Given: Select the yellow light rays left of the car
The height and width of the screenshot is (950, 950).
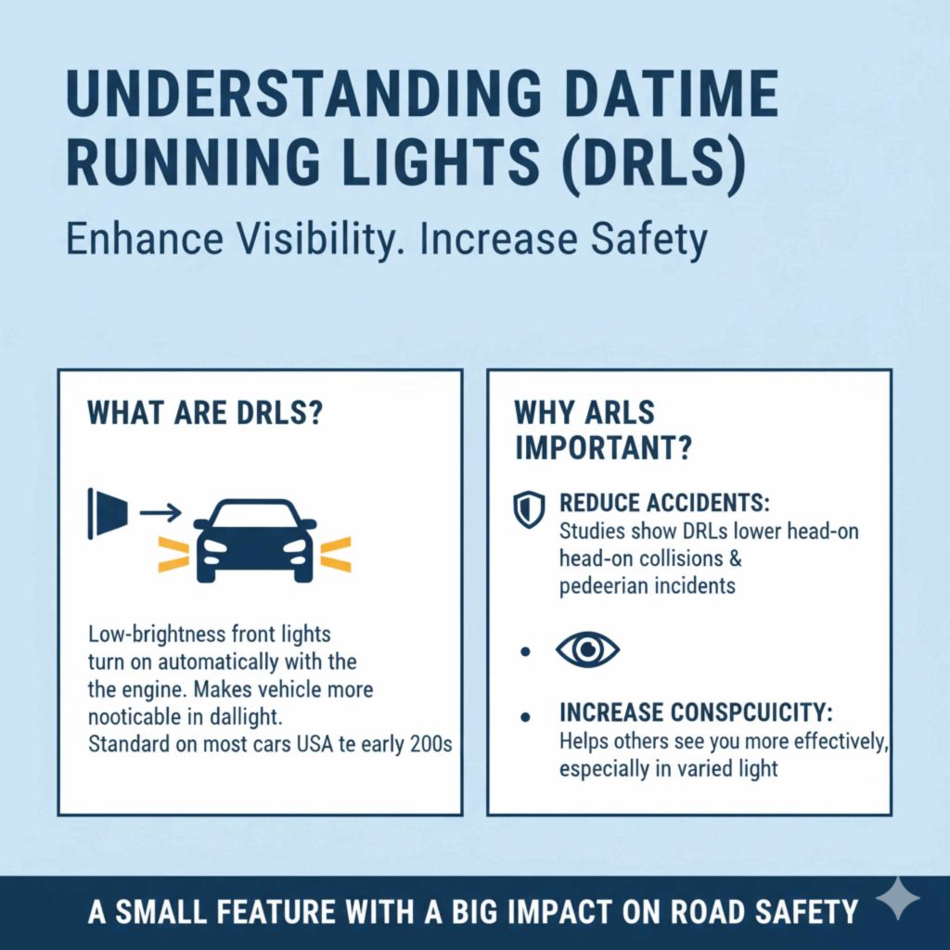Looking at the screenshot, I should pos(173,554).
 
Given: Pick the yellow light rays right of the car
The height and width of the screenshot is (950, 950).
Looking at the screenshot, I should pos(335,554).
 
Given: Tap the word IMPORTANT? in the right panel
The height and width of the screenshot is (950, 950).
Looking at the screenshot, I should pos(603,447).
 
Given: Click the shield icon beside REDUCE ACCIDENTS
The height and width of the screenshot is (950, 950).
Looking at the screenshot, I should pos(529,510).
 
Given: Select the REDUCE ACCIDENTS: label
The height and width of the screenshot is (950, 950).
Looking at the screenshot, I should pos(665,504).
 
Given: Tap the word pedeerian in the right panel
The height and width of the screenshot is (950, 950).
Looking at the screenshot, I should pos(604,585).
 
